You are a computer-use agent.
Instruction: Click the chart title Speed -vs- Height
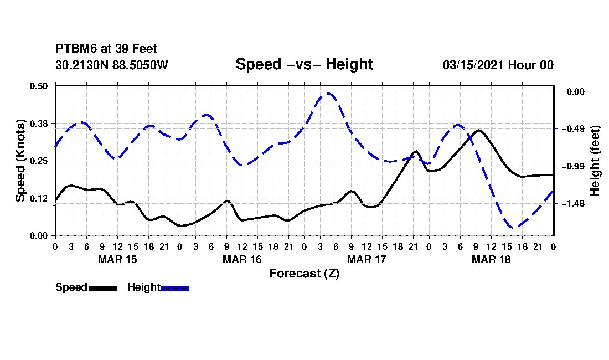point(304,64)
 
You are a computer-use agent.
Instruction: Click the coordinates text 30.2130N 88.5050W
point(112,65)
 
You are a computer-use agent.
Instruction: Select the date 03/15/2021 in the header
point(473,65)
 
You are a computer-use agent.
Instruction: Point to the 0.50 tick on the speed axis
point(38,86)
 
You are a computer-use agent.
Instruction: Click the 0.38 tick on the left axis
point(38,124)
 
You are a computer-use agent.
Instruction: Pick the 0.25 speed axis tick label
point(38,161)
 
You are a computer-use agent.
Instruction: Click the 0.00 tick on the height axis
point(576,91)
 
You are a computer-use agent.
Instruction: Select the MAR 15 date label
point(117,259)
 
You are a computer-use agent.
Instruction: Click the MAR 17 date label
point(367,259)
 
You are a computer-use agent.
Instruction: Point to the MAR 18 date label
point(491,259)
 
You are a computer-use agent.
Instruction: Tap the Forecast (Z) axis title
point(304,274)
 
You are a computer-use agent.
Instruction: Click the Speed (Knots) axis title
point(20,161)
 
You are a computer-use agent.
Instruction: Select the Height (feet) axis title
point(595,161)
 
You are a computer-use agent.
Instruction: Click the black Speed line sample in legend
point(104,288)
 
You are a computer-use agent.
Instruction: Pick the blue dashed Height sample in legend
point(175,288)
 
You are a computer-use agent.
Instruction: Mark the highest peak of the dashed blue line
point(328,94)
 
